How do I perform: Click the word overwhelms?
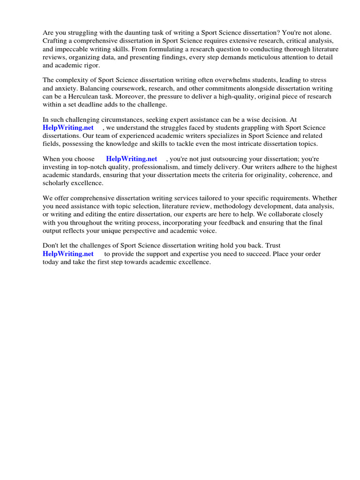coord(212,81)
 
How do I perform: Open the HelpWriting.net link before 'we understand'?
coord(68,128)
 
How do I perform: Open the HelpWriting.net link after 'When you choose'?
coord(132,159)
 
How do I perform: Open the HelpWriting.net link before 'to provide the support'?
coord(68,254)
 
